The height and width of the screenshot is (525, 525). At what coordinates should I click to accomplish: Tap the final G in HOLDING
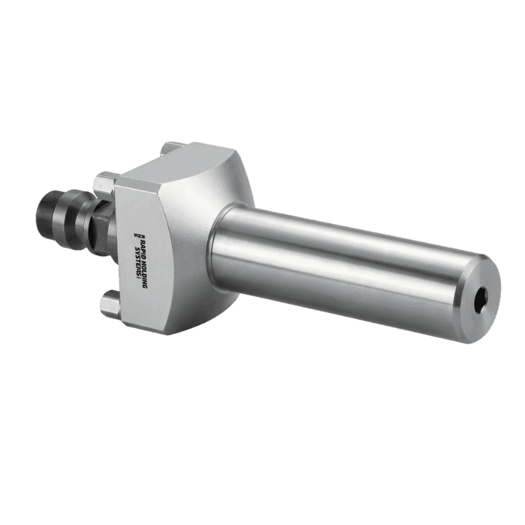click(144, 286)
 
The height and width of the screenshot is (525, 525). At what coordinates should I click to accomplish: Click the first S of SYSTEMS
click(136, 249)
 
